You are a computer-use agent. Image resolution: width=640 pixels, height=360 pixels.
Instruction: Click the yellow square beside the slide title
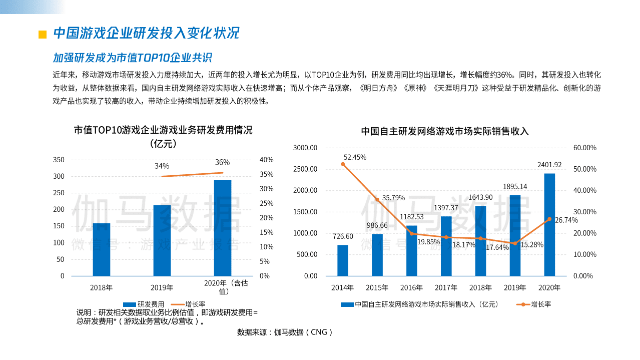pos(43,34)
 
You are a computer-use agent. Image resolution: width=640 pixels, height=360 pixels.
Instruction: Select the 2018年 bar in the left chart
pos(102,249)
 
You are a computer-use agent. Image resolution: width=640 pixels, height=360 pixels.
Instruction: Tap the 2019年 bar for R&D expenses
pos(162,240)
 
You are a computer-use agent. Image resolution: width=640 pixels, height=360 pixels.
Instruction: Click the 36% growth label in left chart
pos(222,162)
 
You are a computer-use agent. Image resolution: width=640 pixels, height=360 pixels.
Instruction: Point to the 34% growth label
pos(162,166)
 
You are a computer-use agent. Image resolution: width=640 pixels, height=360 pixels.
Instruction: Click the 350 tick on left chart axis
pos(59,160)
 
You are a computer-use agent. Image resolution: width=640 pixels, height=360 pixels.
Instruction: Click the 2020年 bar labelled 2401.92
pos(549,224)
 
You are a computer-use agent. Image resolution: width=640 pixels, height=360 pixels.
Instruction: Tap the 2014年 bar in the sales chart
pos(343,260)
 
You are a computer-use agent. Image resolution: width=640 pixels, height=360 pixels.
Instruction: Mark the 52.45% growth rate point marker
pos(343,164)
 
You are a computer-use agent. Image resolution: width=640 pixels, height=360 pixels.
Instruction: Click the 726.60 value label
pos(343,236)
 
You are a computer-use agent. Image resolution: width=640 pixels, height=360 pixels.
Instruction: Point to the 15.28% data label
pos(530,245)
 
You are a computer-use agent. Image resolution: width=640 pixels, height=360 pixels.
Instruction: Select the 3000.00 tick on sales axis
pos(305,148)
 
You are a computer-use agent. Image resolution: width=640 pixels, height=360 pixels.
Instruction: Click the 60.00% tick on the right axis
pos(584,148)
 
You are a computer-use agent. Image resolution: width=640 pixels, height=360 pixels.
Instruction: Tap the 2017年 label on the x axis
pos(446,287)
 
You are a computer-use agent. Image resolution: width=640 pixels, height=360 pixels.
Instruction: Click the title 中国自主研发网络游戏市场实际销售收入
pos(445,131)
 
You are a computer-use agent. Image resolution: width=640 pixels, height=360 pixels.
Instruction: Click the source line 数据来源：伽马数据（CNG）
pos(285,331)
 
